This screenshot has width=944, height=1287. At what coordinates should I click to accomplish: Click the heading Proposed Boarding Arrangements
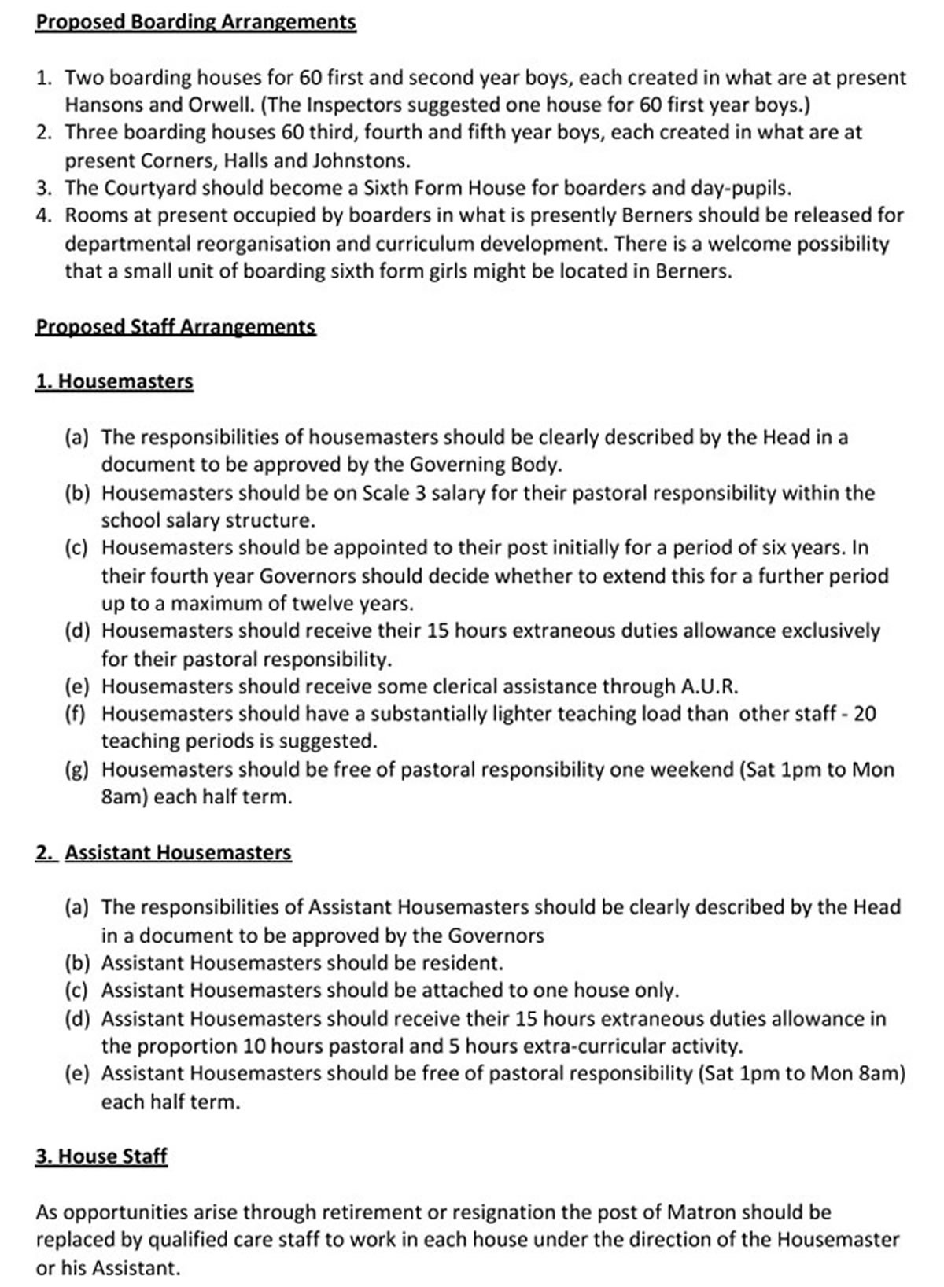[196, 22]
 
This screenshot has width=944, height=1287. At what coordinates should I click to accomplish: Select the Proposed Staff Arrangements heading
[175, 327]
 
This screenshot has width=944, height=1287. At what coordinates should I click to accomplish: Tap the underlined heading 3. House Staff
[101, 1156]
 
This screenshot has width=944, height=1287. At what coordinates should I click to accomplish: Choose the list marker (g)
[77, 770]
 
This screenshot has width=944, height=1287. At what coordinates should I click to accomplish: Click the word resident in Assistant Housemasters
[463, 963]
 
